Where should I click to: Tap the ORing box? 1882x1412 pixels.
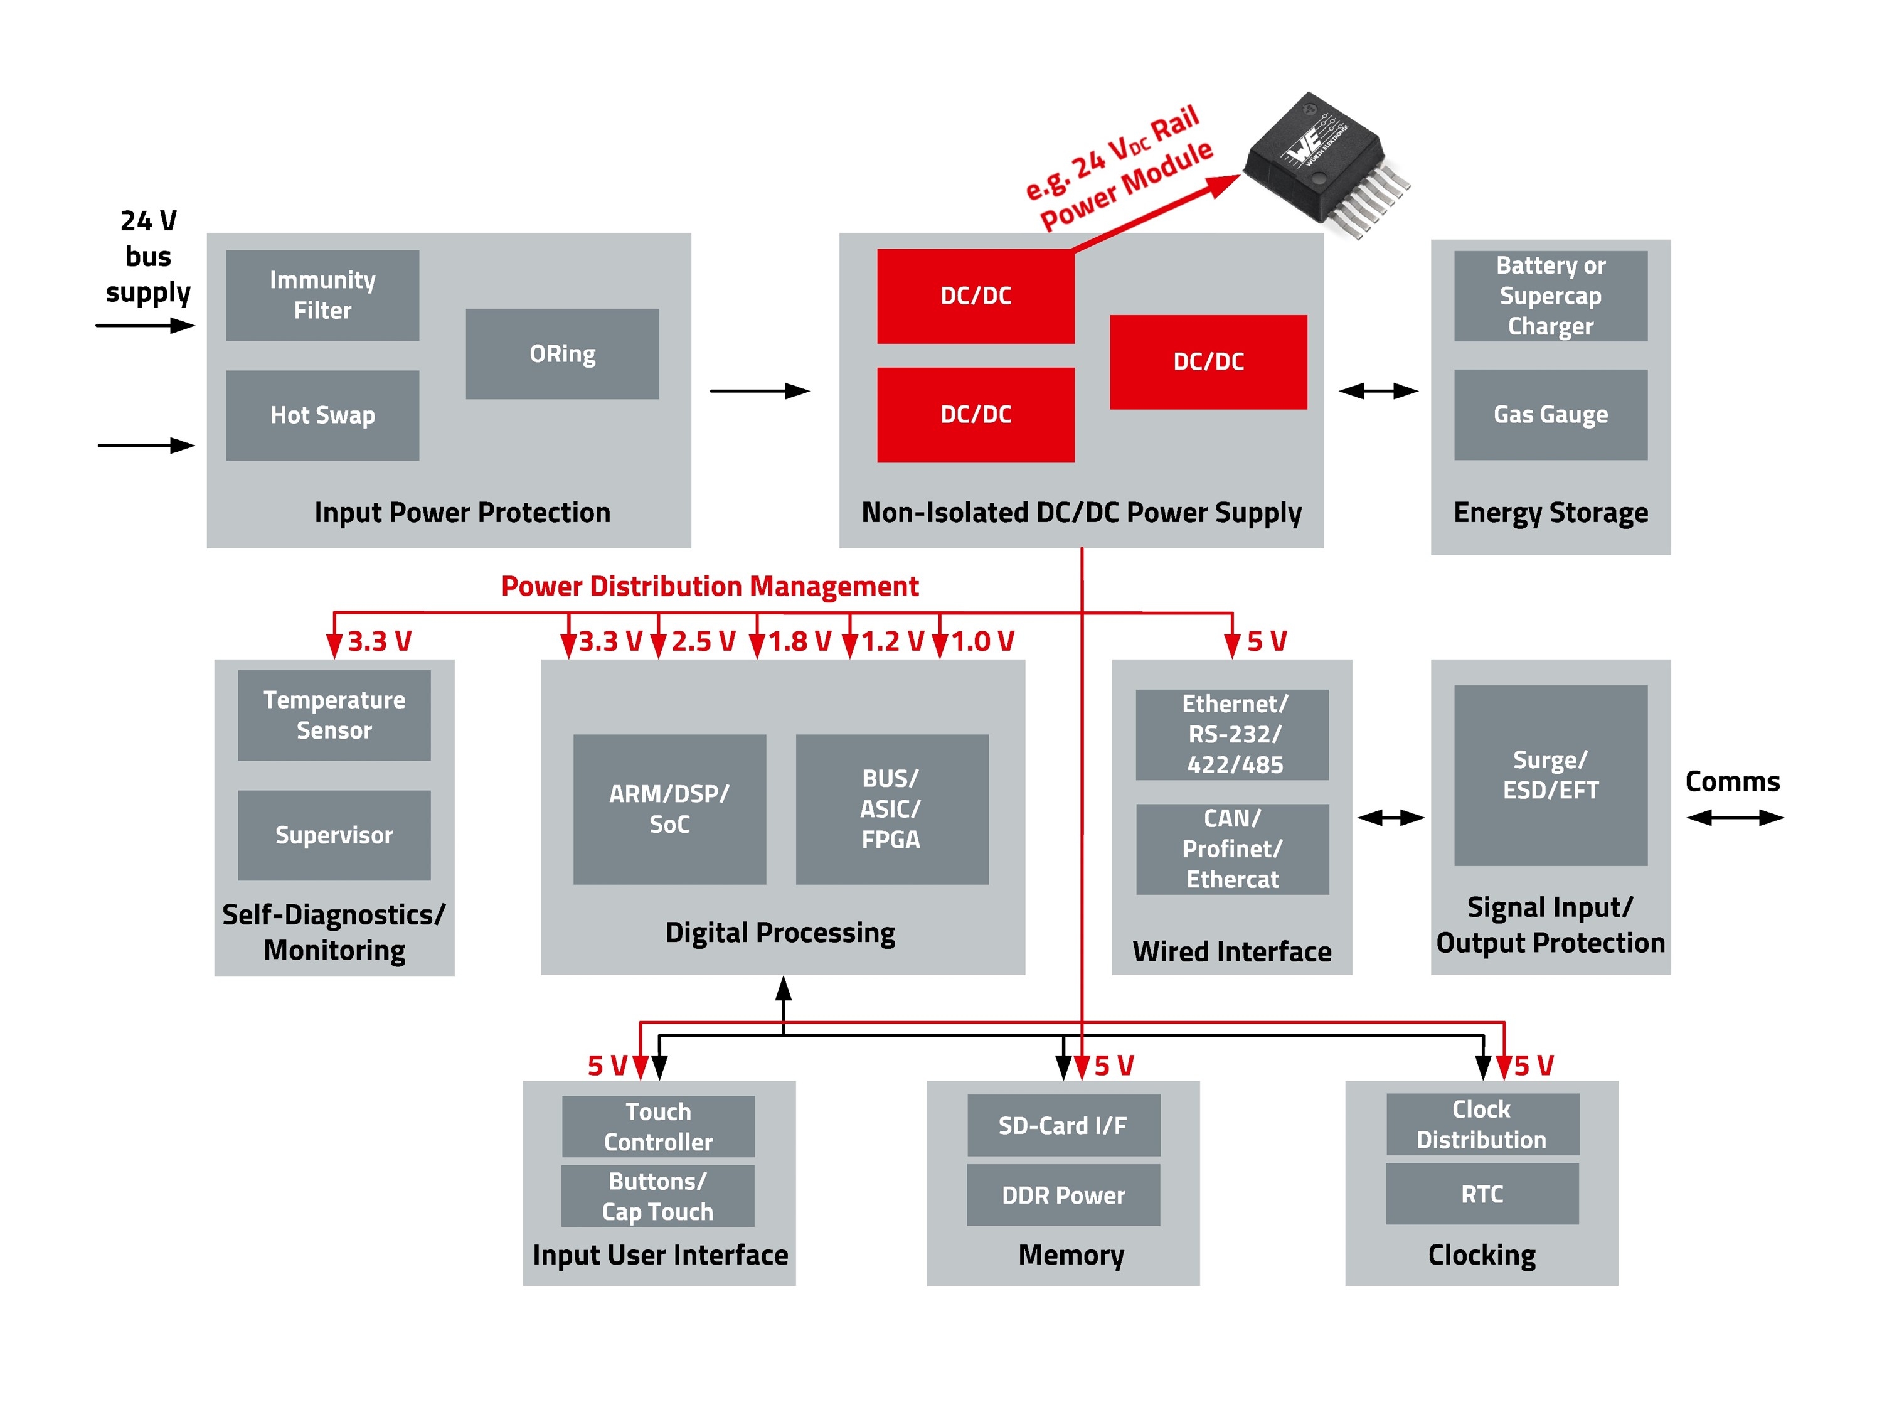[x=561, y=353]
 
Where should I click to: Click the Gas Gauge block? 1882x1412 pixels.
[x=1550, y=414]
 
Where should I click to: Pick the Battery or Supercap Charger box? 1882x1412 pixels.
[x=1550, y=296]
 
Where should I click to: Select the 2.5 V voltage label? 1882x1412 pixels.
[x=702, y=641]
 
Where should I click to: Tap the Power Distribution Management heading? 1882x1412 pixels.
[x=709, y=586]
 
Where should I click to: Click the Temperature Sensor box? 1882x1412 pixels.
[x=334, y=715]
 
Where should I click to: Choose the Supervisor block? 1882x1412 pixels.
[x=334, y=835]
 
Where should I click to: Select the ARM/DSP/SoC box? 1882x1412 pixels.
[x=669, y=808]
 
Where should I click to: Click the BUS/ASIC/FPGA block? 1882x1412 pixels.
[x=891, y=808]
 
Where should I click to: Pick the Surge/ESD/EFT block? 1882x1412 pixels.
[x=1550, y=774]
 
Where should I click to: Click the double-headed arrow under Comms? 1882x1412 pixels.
[x=1733, y=817]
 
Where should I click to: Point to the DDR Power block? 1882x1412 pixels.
[x=1063, y=1194]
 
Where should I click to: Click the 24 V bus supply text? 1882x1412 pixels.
[x=148, y=256]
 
